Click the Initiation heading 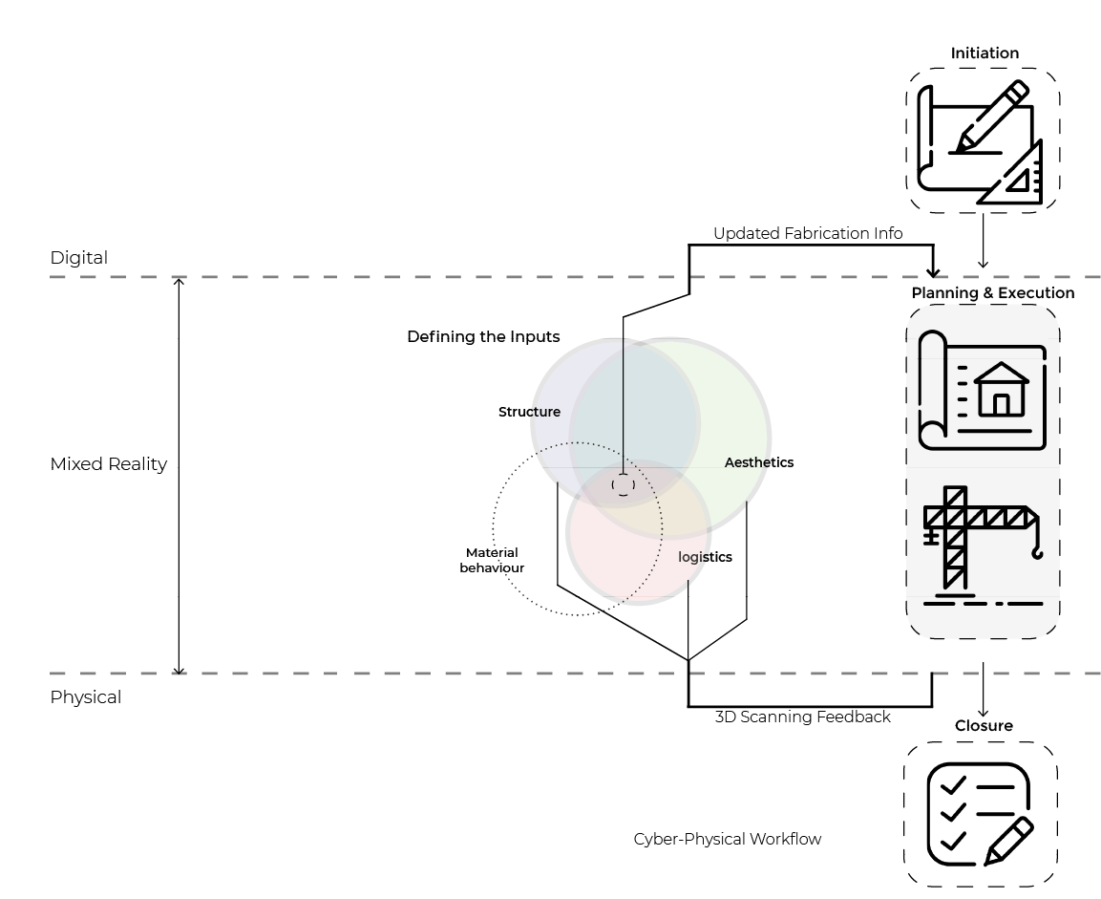(985, 54)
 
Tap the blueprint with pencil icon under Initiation (981, 141)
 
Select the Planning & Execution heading (992, 293)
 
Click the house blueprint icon (983, 391)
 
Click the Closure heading (984, 726)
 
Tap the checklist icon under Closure (981, 814)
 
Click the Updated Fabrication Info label (808, 233)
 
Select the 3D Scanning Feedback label (802, 717)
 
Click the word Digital (78, 258)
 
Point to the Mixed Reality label (108, 464)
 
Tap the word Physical (85, 697)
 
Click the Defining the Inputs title (483, 336)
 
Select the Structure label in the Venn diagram (529, 412)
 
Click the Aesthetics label (758, 462)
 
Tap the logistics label (705, 557)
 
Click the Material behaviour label (492, 560)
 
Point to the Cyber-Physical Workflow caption (727, 839)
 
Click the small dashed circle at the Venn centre (623, 485)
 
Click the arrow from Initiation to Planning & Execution (983, 241)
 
